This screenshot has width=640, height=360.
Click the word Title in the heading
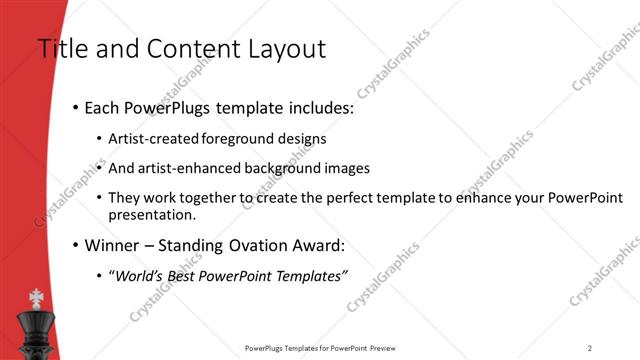coord(58,48)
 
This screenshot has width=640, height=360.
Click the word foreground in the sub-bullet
coord(235,138)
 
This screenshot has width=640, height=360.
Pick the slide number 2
coord(590,348)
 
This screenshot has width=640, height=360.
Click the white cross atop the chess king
coord(38,298)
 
